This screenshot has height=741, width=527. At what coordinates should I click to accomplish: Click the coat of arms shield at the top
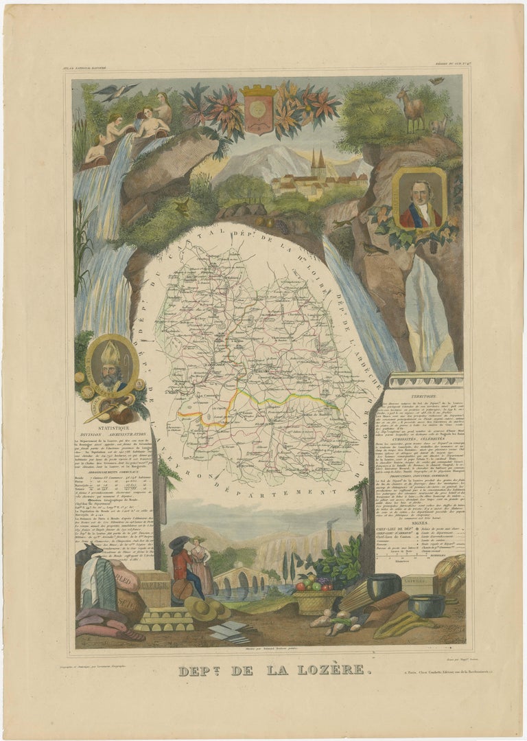point(258,109)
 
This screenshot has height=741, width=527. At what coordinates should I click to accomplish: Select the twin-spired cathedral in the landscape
point(318,168)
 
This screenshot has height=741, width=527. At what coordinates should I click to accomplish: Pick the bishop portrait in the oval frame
point(111,366)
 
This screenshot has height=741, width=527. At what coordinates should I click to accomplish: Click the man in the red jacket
point(182,571)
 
